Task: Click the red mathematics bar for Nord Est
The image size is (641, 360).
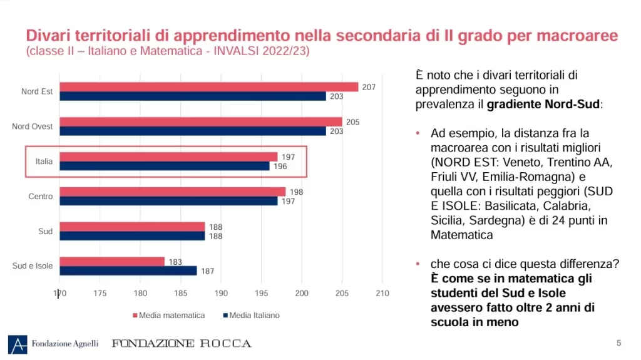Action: [208, 87]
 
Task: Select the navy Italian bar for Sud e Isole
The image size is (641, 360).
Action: [128, 270]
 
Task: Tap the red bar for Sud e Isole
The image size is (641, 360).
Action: [112, 262]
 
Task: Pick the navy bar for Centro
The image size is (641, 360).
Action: [168, 201]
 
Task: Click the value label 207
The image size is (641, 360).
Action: [369, 87]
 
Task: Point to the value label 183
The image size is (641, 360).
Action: [175, 262]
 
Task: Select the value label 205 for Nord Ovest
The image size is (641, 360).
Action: [352, 122]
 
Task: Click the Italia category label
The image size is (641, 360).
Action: [44, 162]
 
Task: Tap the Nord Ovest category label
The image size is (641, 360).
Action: [33, 126]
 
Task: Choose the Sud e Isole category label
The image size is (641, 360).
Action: [33, 266]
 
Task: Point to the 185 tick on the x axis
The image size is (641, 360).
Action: [180, 294]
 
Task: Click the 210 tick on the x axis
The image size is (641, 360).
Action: [382, 294]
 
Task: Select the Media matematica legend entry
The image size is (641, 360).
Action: [168, 316]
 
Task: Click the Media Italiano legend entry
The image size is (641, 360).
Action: [250, 316]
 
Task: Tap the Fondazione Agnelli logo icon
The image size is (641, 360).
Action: [18, 344]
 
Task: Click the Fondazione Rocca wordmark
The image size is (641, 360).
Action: [182, 344]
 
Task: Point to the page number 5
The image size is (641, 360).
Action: [619, 342]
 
